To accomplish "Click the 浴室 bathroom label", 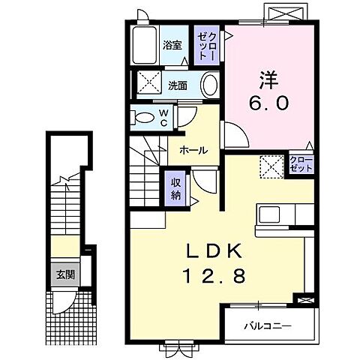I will (x=172, y=45).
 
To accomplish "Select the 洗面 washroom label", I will (x=177, y=84).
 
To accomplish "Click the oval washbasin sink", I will (x=210, y=85).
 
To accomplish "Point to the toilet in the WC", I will (x=142, y=116).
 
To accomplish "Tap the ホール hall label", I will (x=193, y=149).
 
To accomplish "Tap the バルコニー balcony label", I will (x=268, y=325).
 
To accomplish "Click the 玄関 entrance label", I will (x=64, y=274).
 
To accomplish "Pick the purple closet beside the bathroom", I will (x=206, y=46).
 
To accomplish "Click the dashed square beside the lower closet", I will (x=270, y=164).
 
